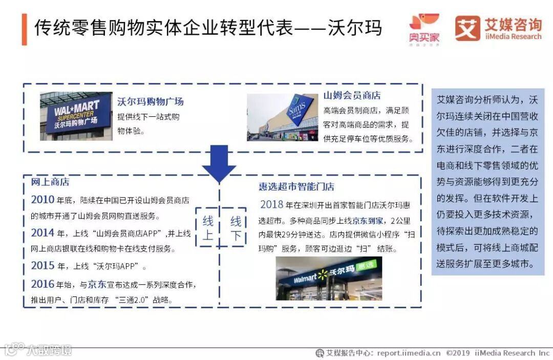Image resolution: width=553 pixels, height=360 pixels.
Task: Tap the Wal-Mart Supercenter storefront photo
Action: (x=76, y=116)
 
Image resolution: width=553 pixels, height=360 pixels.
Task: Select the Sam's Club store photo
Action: (x=283, y=117)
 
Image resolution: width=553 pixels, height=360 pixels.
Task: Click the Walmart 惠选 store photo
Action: (x=329, y=279)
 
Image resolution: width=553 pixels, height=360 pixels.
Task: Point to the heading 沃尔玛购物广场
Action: (x=150, y=101)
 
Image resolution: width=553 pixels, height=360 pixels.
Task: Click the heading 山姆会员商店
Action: (x=352, y=95)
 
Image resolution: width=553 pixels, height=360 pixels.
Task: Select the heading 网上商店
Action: (x=50, y=182)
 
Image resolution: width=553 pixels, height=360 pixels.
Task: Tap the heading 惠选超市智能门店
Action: (x=296, y=187)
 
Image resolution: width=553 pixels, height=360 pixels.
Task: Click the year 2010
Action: (x=42, y=200)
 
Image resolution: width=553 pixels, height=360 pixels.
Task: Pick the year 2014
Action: (x=42, y=234)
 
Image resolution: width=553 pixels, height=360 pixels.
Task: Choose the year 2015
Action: (x=42, y=266)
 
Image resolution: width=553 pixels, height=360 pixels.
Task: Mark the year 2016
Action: (x=42, y=284)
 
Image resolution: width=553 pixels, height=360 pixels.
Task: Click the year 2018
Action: (x=271, y=205)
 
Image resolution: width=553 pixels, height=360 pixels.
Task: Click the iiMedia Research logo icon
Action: (x=467, y=29)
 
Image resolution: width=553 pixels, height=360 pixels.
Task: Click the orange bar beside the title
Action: (x=24, y=29)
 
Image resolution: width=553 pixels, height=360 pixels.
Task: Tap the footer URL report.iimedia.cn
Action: (x=409, y=353)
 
